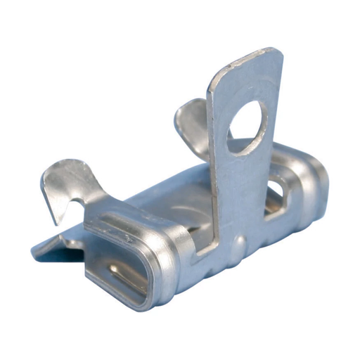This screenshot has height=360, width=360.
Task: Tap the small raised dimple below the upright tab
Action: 239,244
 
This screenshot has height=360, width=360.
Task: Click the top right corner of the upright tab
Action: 279,52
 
